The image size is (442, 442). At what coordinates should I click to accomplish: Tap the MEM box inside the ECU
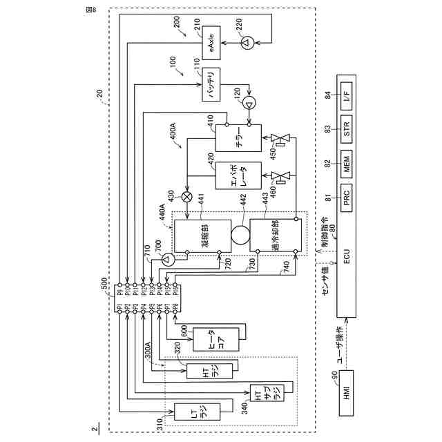pos(347,163)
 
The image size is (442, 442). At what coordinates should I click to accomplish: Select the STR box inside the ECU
pos(347,128)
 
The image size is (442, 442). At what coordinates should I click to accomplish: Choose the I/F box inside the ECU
pos(347,95)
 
